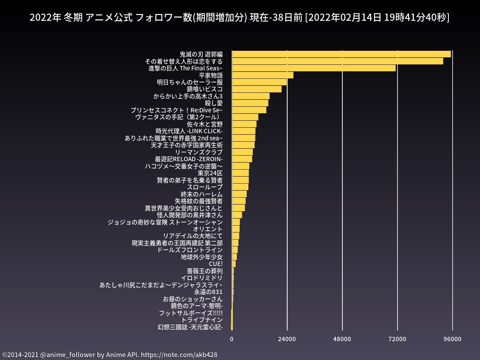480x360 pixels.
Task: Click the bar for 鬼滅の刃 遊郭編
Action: [341, 54]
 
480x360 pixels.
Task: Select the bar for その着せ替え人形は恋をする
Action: [338, 61]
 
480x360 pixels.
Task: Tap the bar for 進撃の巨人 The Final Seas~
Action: [314, 68]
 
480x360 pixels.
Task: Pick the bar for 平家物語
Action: [262, 75]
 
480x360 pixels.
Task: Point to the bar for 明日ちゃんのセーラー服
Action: [259, 82]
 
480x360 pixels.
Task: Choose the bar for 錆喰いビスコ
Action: [257, 89]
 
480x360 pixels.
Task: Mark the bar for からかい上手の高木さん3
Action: [251, 96]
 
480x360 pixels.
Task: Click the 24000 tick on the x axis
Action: [287, 339]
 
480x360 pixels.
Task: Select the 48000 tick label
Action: [342, 339]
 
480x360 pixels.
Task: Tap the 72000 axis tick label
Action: [397, 339]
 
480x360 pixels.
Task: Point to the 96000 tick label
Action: [452, 339]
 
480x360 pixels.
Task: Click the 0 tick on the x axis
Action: [232, 339]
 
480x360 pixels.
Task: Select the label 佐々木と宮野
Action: [205, 124]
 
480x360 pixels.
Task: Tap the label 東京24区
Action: [210, 173]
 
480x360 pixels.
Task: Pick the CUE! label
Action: [216, 264]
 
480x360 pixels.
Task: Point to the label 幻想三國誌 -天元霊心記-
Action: [190, 327]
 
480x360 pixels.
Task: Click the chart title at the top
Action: [240, 18]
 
